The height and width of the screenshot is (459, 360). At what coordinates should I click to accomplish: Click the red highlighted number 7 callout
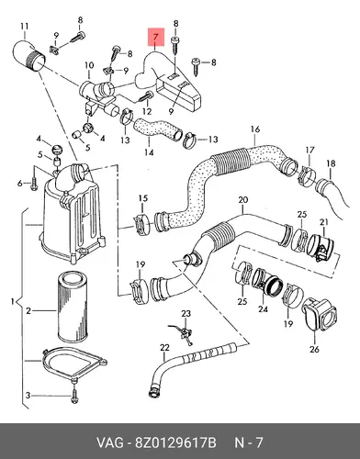(x=156, y=38)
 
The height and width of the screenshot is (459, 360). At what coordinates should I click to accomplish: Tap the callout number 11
(x=25, y=27)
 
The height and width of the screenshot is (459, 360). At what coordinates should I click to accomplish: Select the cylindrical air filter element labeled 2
(x=73, y=308)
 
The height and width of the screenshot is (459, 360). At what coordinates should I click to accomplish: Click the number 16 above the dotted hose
(x=255, y=129)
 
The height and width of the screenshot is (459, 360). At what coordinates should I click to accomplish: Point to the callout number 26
(x=314, y=349)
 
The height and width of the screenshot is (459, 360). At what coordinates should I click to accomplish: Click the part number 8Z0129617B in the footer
(x=175, y=442)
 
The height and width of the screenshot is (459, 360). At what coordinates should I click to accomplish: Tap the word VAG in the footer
(x=111, y=442)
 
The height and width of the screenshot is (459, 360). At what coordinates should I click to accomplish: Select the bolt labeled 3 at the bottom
(x=74, y=396)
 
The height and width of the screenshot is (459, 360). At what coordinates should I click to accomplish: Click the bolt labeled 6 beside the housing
(x=34, y=183)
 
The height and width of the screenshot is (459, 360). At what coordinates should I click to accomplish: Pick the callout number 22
(x=164, y=348)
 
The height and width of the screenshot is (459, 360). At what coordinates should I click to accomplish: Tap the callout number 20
(x=242, y=200)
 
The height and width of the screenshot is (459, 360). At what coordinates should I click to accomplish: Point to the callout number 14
(x=149, y=152)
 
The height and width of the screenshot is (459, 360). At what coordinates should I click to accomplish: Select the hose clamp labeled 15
(x=141, y=226)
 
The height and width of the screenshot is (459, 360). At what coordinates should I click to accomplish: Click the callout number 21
(x=324, y=222)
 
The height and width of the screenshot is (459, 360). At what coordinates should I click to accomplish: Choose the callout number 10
(x=89, y=65)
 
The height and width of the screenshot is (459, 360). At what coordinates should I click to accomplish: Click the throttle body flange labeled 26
(x=320, y=315)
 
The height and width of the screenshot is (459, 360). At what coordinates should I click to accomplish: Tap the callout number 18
(x=331, y=163)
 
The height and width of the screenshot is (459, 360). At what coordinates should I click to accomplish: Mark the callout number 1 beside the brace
(x=13, y=302)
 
